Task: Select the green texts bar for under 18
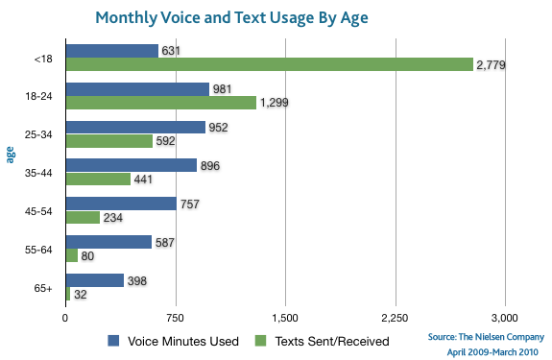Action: (x=269, y=64)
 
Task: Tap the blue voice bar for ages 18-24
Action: (x=137, y=89)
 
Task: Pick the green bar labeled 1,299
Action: (x=160, y=103)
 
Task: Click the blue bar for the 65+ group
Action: (x=94, y=280)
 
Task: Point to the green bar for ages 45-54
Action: (x=83, y=218)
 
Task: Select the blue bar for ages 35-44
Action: (x=131, y=166)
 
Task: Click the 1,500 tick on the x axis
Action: (x=285, y=316)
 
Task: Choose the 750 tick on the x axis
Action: (x=175, y=316)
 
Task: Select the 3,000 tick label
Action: (x=505, y=316)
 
